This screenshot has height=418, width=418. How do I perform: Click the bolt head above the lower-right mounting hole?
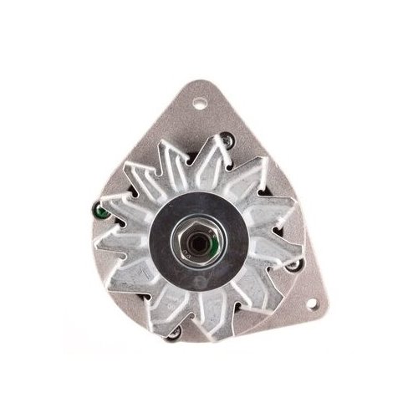click(x=294, y=266)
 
